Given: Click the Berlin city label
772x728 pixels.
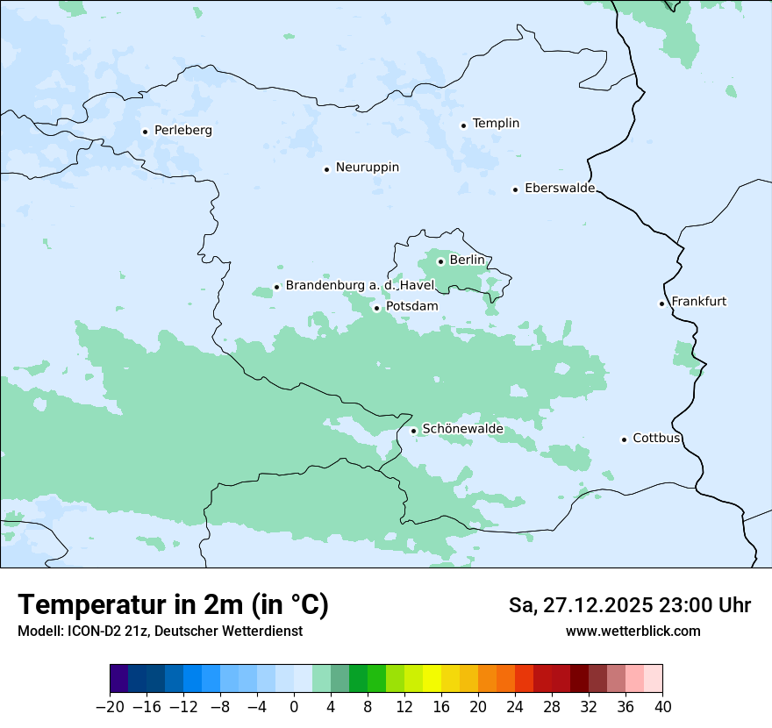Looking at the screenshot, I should (x=467, y=261).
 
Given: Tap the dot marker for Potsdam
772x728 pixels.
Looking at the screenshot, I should (x=377, y=308).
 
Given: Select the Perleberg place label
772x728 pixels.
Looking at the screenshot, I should (x=182, y=131).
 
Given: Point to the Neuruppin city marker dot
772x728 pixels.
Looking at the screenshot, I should (x=326, y=169).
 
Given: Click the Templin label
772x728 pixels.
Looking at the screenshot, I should (x=496, y=124).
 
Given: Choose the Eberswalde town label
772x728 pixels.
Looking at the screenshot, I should (x=559, y=189).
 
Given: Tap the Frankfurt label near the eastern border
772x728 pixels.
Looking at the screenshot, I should (x=698, y=302).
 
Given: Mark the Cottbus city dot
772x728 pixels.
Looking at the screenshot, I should (x=624, y=439).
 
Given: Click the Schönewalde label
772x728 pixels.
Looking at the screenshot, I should (x=462, y=429).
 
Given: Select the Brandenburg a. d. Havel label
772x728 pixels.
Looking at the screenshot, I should (x=360, y=286).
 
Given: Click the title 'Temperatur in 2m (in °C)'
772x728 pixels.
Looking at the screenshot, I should (x=173, y=605).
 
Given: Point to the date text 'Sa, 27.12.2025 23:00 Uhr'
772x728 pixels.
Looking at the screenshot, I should (x=629, y=605).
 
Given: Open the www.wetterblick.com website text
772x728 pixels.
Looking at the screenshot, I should (x=633, y=631).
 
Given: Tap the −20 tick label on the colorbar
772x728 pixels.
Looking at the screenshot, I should (x=110, y=707).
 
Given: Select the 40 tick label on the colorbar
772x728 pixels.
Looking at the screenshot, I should (x=662, y=707).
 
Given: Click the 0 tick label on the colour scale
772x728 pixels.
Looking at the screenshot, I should (x=294, y=707).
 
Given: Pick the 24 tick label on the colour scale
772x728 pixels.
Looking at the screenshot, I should (x=515, y=707).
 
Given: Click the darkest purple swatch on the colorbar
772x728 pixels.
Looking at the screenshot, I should (x=119, y=679).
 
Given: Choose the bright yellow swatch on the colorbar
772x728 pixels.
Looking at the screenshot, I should (x=432, y=679).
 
